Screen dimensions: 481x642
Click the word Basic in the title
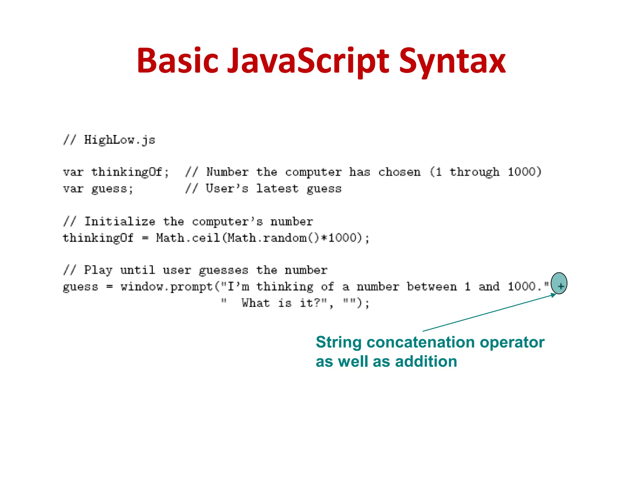(x=177, y=61)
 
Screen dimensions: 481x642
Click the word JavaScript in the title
(x=308, y=61)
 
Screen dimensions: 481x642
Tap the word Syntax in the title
(x=452, y=61)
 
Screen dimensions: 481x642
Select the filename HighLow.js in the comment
(x=119, y=140)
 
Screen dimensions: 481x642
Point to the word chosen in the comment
(x=399, y=172)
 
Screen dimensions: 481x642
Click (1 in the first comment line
(x=436, y=172)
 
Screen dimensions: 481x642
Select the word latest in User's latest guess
(x=277, y=189)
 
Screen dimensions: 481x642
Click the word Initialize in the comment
(x=119, y=222)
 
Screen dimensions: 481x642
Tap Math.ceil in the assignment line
(x=188, y=238)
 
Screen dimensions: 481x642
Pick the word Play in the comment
(x=98, y=270)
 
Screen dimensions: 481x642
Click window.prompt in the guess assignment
(x=166, y=287)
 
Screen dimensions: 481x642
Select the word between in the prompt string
(x=432, y=287)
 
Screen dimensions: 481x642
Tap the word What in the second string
(x=255, y=303)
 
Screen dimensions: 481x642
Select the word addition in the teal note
(x=426, y=362)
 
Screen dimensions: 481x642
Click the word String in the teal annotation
(x=339, y=342)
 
